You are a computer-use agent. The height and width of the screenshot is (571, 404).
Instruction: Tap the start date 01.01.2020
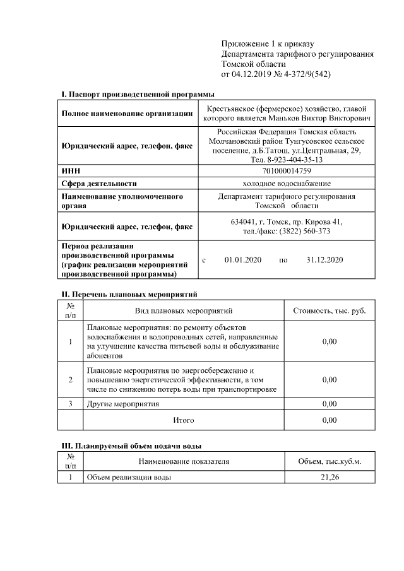242,260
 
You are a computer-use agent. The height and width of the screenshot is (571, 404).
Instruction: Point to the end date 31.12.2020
324,260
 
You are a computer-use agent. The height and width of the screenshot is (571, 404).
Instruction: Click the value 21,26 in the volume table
330,478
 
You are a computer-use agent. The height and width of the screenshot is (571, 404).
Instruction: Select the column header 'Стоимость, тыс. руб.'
330,311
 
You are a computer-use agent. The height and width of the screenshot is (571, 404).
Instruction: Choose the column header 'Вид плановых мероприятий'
184,311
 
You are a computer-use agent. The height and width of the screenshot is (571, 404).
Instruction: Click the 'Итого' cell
184,420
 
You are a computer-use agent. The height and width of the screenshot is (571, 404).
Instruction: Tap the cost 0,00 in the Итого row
330,420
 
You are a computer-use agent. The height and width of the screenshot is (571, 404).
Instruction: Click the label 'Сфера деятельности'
99,184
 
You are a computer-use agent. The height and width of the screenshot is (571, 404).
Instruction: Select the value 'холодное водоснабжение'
287,184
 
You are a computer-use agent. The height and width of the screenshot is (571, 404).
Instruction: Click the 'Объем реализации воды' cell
129,478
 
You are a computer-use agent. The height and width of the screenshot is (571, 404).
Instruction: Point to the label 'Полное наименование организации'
127,114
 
